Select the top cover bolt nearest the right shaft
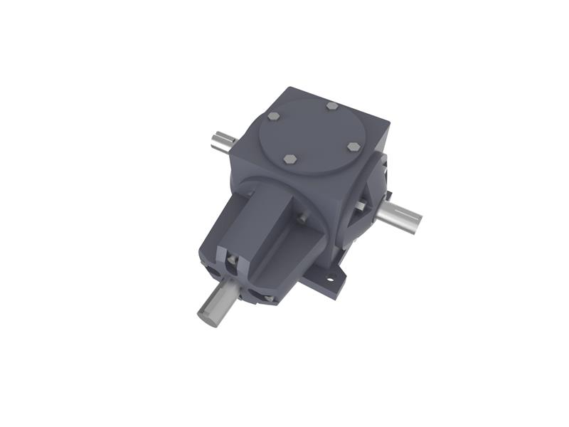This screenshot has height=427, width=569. [x=353, y=147]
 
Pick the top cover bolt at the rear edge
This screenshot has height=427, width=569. [x=332, y=106]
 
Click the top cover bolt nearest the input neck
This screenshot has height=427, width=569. [x=290, y=159]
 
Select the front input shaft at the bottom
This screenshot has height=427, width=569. [x=219, y=305]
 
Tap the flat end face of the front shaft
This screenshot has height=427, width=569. [x=208, y=314]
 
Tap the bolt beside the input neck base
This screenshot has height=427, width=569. [x=302, y=221]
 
